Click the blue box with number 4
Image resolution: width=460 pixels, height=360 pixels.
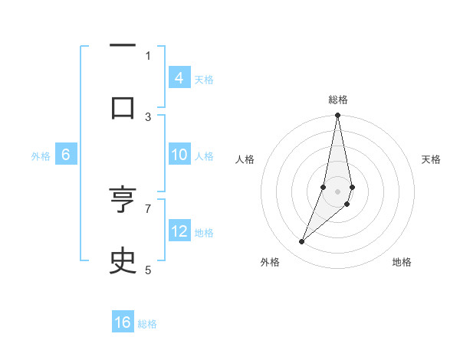(179, 77)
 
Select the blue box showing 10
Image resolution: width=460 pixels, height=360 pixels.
(179, 155)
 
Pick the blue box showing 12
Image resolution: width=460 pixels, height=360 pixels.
(179, 231)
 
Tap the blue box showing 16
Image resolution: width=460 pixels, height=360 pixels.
(123, 322)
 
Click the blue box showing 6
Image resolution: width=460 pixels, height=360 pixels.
(66, 155)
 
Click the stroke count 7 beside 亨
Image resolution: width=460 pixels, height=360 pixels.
(148, 208)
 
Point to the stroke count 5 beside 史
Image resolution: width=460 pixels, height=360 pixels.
(148, 269)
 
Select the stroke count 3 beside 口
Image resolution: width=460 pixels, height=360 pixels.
(148, 116)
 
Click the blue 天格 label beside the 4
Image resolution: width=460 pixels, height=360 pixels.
(204, 79)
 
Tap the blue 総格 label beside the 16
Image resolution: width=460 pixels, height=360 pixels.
(147, 324)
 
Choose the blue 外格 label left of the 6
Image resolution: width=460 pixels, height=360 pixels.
(41, 156)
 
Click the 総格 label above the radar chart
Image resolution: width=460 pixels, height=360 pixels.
(338, 100)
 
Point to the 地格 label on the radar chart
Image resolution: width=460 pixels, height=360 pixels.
(402, 262)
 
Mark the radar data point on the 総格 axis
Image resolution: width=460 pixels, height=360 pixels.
(337, 116)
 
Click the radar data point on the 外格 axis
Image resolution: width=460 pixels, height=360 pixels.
(301, 242)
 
